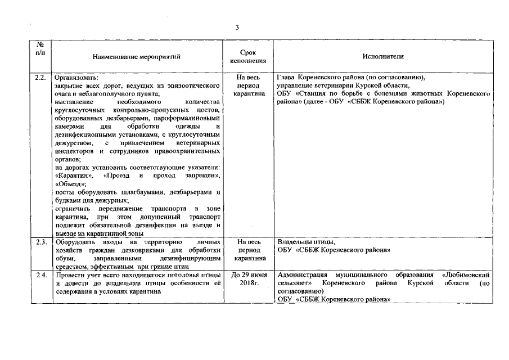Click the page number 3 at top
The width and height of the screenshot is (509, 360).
[237, 28]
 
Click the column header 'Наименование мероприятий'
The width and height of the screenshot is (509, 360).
[137, 56]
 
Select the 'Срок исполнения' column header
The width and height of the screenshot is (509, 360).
[249, 56]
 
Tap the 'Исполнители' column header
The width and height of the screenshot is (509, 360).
[383, 56]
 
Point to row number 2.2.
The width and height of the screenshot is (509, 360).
[40, 77]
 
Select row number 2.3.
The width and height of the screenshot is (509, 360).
[40, 242]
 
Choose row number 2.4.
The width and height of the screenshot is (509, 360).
[40, 274]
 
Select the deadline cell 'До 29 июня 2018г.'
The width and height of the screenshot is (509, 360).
[249, 279]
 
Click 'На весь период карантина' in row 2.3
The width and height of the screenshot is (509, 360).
[249, 250]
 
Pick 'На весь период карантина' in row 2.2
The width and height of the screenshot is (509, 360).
[249, 85]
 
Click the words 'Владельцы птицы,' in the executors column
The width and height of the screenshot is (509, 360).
[307, 242]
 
